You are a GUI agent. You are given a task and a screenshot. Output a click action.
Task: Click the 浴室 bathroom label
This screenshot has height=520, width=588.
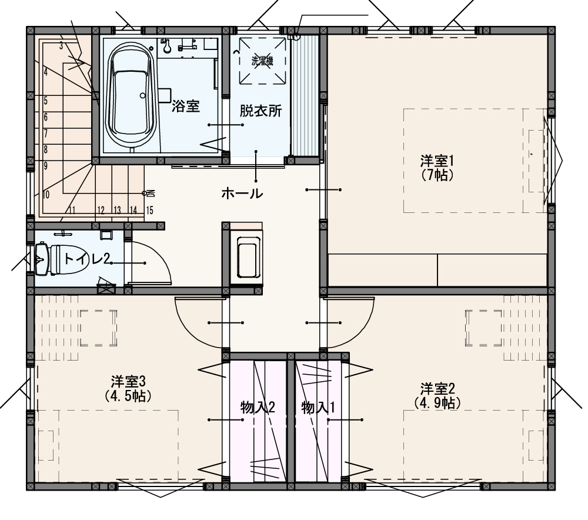tap(186, 106)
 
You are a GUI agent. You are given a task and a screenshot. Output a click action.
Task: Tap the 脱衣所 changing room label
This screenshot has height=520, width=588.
tap(260, 111)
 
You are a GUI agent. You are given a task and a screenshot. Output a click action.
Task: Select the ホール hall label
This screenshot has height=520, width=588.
tap(242, 194)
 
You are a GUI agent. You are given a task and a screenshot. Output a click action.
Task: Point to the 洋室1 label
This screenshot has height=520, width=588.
tap(437, 161)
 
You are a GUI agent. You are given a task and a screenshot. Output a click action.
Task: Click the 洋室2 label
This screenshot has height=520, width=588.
tap(437, 388)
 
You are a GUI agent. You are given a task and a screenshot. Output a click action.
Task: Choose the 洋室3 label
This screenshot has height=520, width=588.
tap(128, 382)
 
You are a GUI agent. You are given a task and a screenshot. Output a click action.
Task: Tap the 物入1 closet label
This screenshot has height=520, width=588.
tap(318, 407)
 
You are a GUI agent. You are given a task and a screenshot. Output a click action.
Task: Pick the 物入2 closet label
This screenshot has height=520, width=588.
tap(258, 407)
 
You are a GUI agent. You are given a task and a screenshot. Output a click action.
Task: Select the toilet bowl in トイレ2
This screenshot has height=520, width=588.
tap(62, 259)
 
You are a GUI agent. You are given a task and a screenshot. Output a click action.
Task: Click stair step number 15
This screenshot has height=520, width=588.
tap(149, 210)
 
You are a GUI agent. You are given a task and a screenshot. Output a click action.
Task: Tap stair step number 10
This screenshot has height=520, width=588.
tap(46, 195)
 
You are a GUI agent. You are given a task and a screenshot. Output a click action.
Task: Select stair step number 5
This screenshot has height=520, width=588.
tap(46, 101)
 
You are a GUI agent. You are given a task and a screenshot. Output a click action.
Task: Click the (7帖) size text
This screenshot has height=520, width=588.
tap(437, 175)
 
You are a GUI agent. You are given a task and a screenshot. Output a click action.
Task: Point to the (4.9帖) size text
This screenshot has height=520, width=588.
tap(437, 402)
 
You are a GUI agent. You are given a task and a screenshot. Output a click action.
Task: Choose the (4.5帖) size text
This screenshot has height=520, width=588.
tap(128, 396)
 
